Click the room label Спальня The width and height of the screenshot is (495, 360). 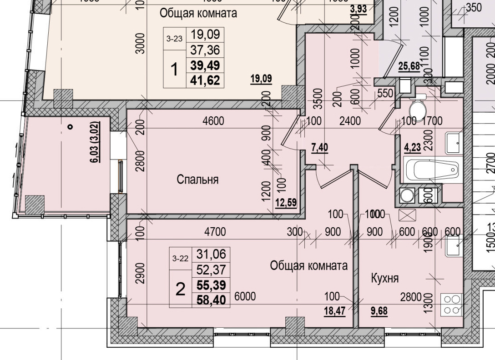[197, 180]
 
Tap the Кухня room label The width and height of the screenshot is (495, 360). [382, 277]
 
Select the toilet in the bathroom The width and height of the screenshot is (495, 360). [417, 110]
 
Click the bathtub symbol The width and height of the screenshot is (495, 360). [430, 170]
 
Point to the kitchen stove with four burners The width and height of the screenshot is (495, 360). [451, 304]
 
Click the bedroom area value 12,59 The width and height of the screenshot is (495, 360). [286, 202]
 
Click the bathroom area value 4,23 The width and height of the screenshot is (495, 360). [412, 147]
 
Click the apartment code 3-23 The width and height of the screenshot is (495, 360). [175, 39]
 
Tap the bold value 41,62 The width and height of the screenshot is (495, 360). [205, 80]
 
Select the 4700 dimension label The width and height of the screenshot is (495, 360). [215, 232]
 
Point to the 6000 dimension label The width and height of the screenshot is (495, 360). [245, 297]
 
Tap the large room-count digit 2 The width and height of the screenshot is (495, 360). [181, 289]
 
